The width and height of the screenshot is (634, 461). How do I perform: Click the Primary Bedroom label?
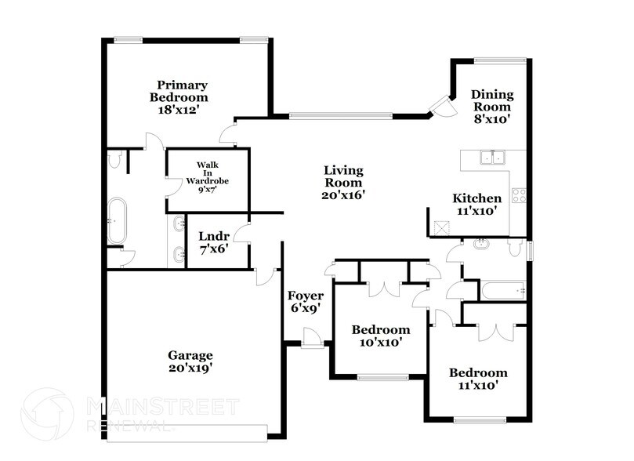pyautogui.click(x=182, y=97)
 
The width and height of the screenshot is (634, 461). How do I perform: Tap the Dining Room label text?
pyautogui.click(x=491, y=107)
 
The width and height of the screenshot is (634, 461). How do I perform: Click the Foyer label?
pyautogui.click(x=305, y=302)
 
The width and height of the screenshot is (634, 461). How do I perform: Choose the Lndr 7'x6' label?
pyautogui.click(x=214, y=241)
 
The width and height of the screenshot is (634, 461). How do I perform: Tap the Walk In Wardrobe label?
pyautogui.click(x=207, y=176)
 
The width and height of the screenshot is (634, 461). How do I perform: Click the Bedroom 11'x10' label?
pyautogui.click(x=477, y=379)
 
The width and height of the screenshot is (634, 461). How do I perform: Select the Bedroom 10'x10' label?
pyautogui.click(x=380, y=336)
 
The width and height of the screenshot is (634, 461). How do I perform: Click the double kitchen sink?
pyautogui.click(x=493, y=158)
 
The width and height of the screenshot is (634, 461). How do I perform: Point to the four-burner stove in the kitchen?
pyautogui.click(x=519, y=195)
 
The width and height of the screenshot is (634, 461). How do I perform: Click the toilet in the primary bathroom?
pyautogui.click(x=115, y=162)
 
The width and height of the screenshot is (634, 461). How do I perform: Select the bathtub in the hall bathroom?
pyautogui.click(x=503, y=291)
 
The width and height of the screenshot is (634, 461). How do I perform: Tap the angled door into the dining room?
pyautogui.click(x=443, y=106)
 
